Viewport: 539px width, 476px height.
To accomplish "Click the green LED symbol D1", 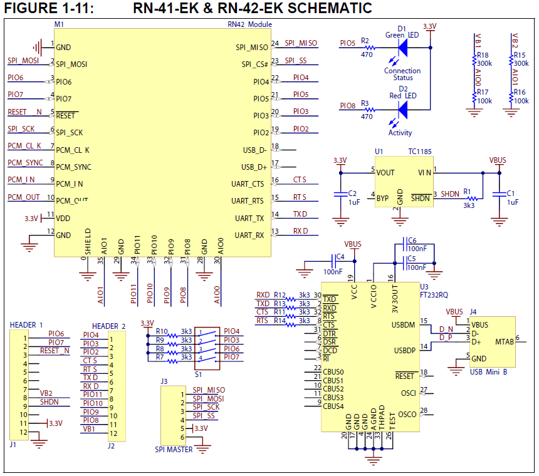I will [x=402, y=48].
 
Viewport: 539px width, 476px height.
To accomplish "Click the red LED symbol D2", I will [x=402, y=110].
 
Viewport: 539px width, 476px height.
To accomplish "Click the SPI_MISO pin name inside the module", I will [x=252, y=47].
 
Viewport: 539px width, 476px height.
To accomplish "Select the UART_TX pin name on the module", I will [x=249, y=218].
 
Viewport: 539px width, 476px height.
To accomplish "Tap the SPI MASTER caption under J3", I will [x=175, y=449].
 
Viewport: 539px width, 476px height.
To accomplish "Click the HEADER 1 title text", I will [x=26, y=324].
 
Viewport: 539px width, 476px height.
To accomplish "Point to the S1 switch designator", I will [x=198, y=374].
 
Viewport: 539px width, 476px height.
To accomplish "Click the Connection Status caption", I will [x=402, y=75].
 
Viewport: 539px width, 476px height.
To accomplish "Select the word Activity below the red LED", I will [x=400, y=132].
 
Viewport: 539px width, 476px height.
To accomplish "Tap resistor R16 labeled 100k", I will [x=515, y=96].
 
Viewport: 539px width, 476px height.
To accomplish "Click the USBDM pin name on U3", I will [x=403, y=324].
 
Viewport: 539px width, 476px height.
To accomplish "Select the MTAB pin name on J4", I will [x=505, y=342].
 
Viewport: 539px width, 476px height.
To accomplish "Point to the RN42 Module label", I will [x=249, y=24].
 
